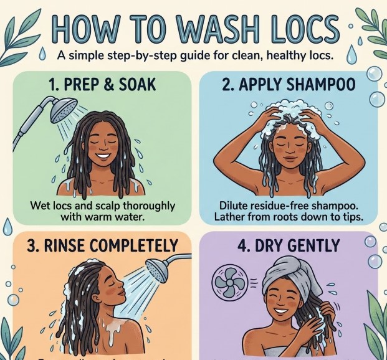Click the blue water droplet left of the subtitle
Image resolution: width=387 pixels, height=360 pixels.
42,55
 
